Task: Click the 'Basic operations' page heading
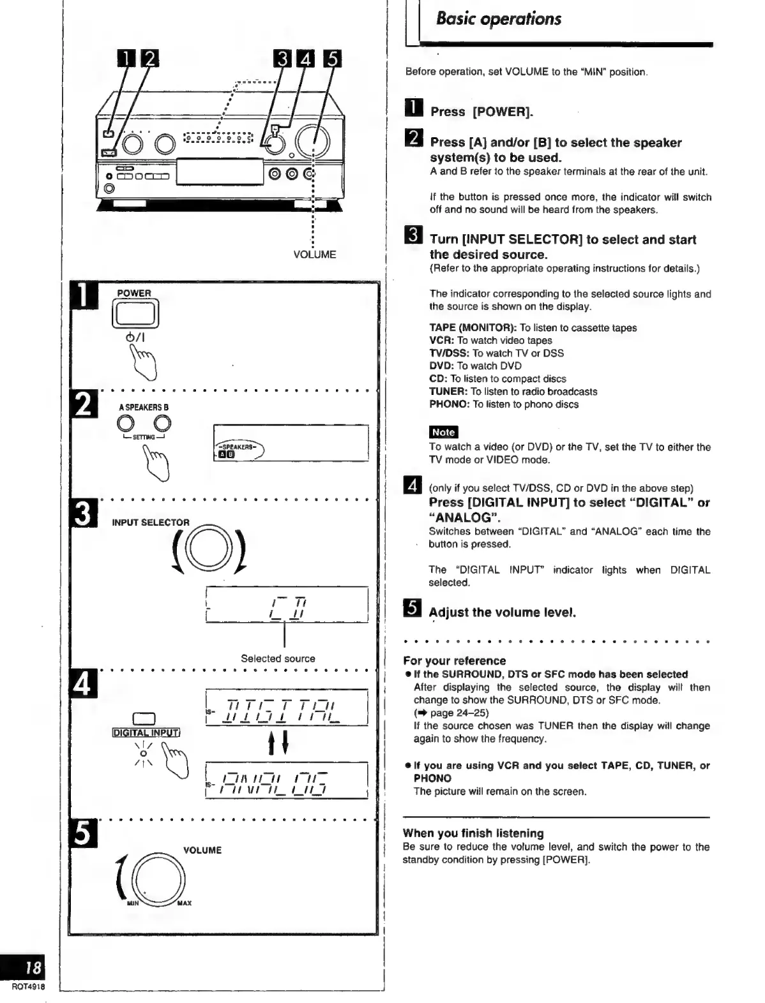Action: (x=498, y=19)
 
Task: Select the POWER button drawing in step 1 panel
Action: (x=135, y=315)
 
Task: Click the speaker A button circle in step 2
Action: (x=126, y=423)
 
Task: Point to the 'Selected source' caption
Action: (x=278, y=658)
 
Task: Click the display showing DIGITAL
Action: (x=287, y=708)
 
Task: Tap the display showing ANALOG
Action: (x=287, y=780)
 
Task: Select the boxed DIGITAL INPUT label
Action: (x=145, y=732)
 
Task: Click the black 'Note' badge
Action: (x=443, y=432)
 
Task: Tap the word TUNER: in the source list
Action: (x=448, y=392)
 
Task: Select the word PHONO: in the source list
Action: (x=450, y=405)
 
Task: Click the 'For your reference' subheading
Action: (x=454, y=661)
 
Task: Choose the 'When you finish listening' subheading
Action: (x=473, y=833)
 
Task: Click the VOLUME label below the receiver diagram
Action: (x=315, y=255)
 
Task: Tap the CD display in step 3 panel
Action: (x=287, y=605)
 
